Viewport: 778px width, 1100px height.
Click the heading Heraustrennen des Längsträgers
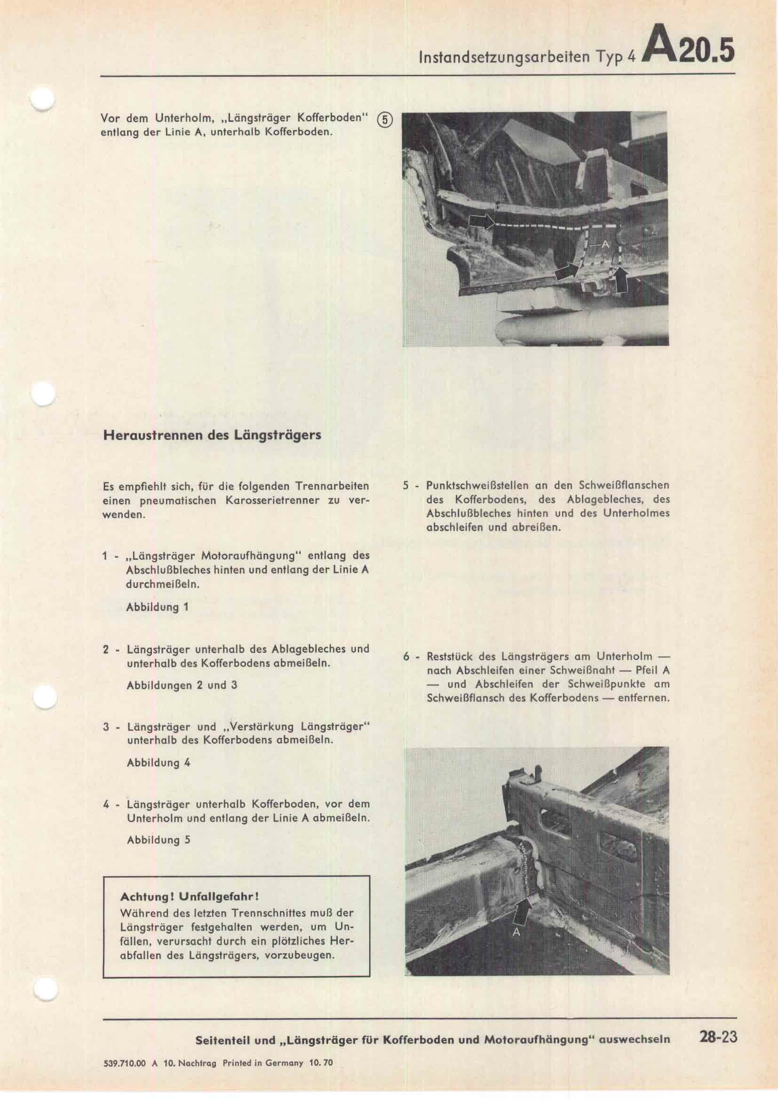point(212,436)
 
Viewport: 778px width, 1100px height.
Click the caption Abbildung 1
point(157,608)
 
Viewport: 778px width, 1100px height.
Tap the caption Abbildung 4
point(159,763)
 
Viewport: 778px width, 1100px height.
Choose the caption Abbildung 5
point(159,840)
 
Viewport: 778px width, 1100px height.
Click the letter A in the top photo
point(604,245)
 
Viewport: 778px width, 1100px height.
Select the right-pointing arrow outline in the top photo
point(481,222)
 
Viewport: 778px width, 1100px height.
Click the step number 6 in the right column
point(406,657)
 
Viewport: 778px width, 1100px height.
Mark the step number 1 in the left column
point(105,557)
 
